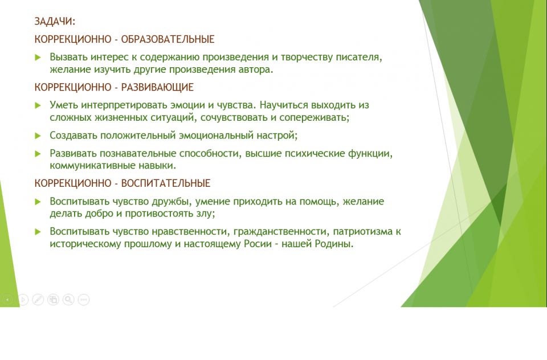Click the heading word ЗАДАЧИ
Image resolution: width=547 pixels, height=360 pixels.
55,21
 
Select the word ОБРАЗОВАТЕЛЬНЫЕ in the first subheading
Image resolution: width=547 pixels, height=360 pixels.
168,39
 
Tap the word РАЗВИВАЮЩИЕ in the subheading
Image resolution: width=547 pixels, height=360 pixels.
157,87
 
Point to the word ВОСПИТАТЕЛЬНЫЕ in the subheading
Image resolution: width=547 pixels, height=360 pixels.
166,183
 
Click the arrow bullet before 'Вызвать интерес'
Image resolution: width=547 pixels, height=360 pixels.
38,57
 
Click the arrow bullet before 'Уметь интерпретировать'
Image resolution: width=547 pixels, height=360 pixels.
38,105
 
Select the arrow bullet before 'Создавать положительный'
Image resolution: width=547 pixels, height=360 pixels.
38,136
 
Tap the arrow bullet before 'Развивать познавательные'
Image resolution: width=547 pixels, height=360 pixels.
38,154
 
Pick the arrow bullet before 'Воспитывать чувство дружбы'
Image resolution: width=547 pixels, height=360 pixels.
38,202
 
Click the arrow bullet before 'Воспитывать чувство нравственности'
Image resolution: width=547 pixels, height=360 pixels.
38,232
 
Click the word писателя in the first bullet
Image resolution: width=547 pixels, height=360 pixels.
359,57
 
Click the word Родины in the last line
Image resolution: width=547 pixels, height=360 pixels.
334,243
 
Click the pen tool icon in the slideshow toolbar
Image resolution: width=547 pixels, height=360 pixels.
38,300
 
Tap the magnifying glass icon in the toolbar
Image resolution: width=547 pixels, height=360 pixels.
68,300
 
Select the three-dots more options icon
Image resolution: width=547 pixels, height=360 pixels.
84,300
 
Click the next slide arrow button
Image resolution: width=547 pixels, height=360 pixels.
23,300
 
